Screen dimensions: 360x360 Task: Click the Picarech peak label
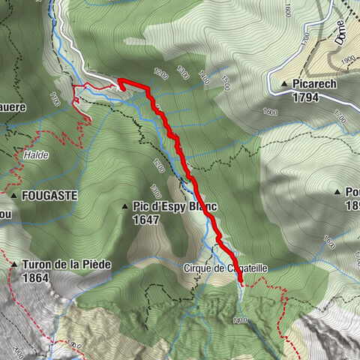pyautogui.click(x=315, y=84)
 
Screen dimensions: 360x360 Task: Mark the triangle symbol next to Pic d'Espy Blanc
pyautogui.click(x=124, y=205)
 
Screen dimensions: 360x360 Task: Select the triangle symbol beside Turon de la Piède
pyautogui.click(x=14, y=264)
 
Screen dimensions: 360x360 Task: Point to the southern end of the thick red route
pyautogui.click(x=241, y=283)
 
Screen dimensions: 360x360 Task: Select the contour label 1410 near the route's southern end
pyautogui.click(x=240, y=320)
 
